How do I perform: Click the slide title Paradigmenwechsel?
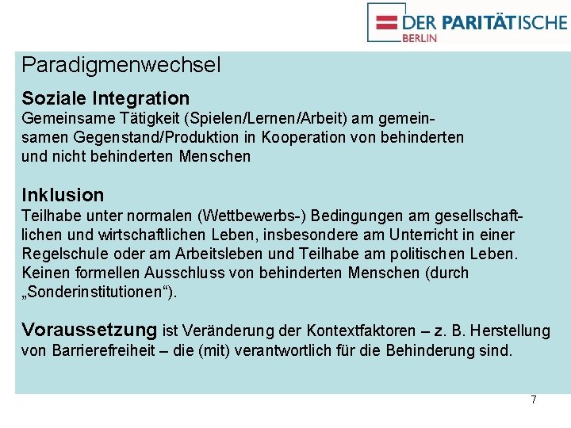tap(121, 65)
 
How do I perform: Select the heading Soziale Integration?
tap(105, 98)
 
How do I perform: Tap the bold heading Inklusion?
tap(63, 195)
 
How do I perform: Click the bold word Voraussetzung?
tap(90, 330)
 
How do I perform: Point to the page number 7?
tap(534, 399)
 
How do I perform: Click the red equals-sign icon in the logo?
tap(387, 21)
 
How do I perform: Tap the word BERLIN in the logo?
tap(420, 37)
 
